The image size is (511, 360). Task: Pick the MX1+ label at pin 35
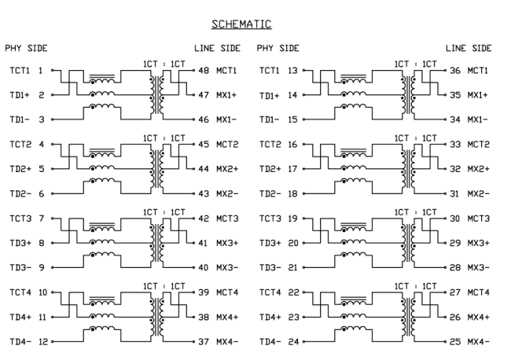pyautogui.click(x=479, y=94)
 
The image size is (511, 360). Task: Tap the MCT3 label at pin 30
pyautogui.click(x=479, y=219)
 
